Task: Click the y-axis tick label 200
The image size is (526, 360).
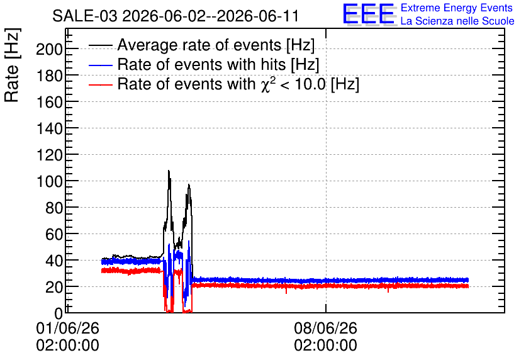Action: (x=49, y=50)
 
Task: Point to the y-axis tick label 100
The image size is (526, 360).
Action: (x=49, y=182)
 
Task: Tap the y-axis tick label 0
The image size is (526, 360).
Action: (x=59, y=313)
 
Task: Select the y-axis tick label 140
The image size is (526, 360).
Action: (x=49, y=129)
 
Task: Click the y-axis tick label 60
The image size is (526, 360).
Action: (x=54, y=235)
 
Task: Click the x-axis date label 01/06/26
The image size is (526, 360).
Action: (x=67, y=328)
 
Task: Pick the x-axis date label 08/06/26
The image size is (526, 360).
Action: (x=325, y=328)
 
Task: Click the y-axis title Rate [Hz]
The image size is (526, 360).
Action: (x=12, y=65)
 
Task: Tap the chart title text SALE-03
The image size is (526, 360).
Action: (x=85, y=16)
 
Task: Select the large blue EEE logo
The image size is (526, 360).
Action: (x=369, y=14)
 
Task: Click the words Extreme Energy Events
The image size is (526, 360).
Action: (x=457, y=8)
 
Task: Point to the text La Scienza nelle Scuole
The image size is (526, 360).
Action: (x=457, y=21)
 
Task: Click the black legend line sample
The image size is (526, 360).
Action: (x=101, y=45)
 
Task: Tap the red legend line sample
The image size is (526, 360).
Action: (x=101, y=84)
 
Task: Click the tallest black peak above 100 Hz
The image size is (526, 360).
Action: (x=169, y=171)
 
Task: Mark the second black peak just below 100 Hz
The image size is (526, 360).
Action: (x=189, y=185)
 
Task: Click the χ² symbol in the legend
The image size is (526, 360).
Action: (x=266, y=84)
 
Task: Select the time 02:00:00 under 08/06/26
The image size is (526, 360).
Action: (x=325, y=346)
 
